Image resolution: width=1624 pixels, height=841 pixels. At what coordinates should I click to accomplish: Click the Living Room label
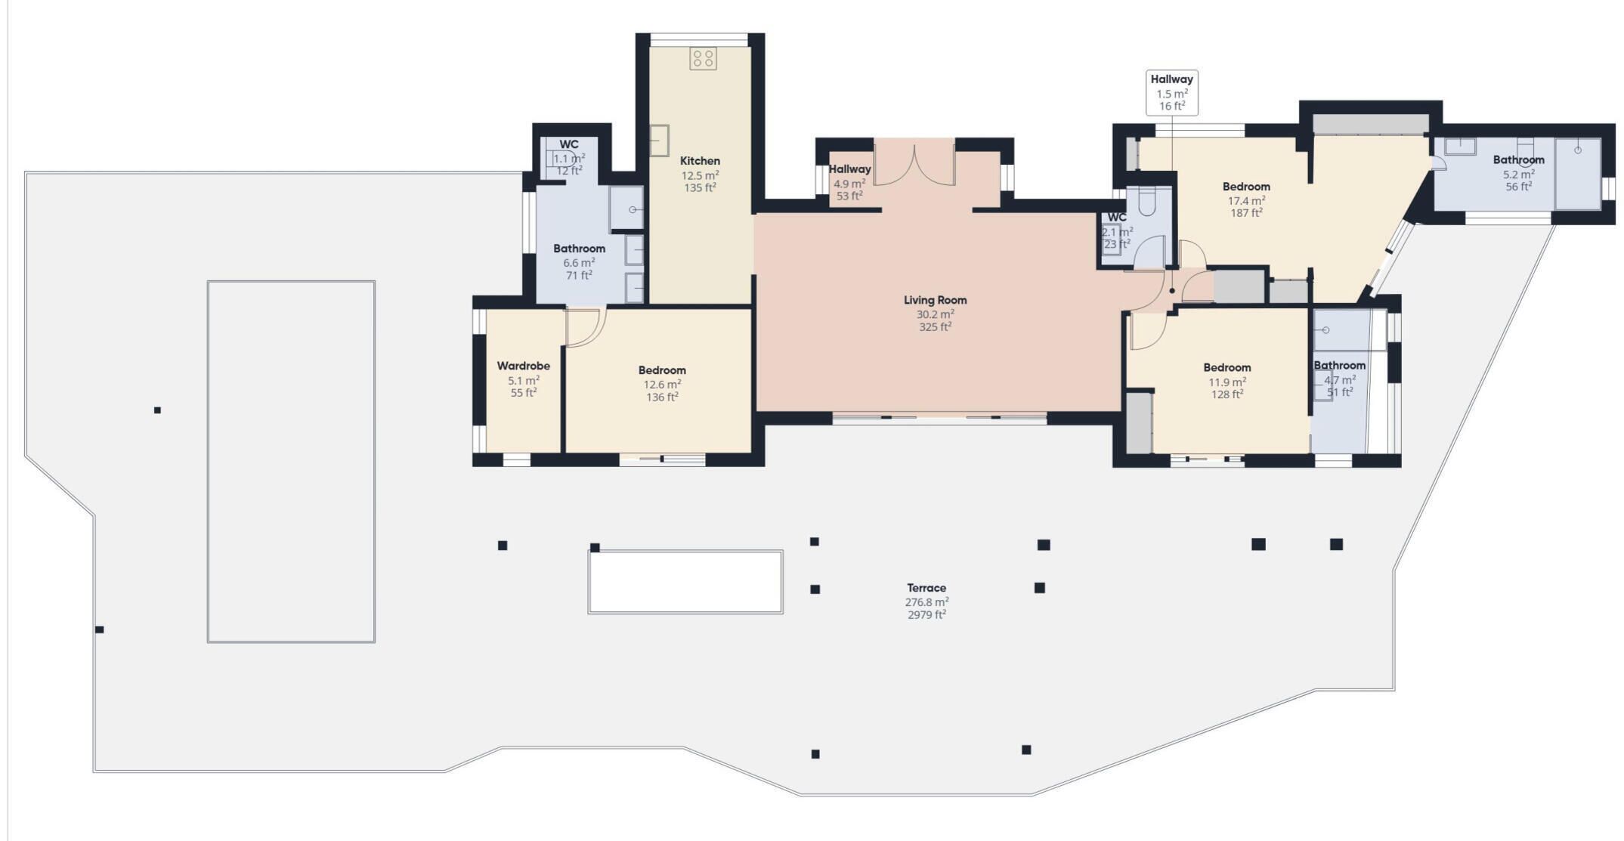[935, 300]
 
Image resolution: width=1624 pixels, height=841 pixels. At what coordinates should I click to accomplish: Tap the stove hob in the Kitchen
[703, 59]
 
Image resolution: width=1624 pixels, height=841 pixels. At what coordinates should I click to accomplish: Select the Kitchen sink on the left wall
[660, 141]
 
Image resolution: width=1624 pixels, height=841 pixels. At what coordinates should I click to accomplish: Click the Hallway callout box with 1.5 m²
[1171, 92]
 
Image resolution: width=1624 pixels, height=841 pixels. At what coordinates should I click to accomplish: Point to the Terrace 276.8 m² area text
[926, 602]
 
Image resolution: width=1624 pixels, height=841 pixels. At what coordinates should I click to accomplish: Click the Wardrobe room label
[523, 366]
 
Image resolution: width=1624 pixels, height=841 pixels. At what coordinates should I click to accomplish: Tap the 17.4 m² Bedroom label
[1246, 187]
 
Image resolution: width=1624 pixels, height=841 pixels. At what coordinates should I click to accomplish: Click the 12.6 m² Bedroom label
[662, 370]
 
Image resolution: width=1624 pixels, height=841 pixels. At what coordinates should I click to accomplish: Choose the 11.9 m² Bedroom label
[1227, 368]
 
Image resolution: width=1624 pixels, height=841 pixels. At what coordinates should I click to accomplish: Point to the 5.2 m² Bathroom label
[1518, 160]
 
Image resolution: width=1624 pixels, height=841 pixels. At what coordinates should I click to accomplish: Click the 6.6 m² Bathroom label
[579, 249]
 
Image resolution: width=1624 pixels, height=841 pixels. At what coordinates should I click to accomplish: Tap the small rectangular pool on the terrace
[685, 582]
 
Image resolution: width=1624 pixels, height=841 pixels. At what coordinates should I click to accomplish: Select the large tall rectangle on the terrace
[291, 462]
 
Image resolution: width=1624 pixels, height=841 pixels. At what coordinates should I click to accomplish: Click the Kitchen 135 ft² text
[700, 188]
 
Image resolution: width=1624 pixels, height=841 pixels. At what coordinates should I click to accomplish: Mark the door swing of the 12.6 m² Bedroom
[586, 327]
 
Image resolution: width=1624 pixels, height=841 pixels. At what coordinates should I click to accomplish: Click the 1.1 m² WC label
[569, 144]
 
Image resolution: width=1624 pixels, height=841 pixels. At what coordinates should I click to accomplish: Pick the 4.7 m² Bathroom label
[1339, 366]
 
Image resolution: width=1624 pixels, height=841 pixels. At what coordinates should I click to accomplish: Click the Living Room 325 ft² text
[935, 327]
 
